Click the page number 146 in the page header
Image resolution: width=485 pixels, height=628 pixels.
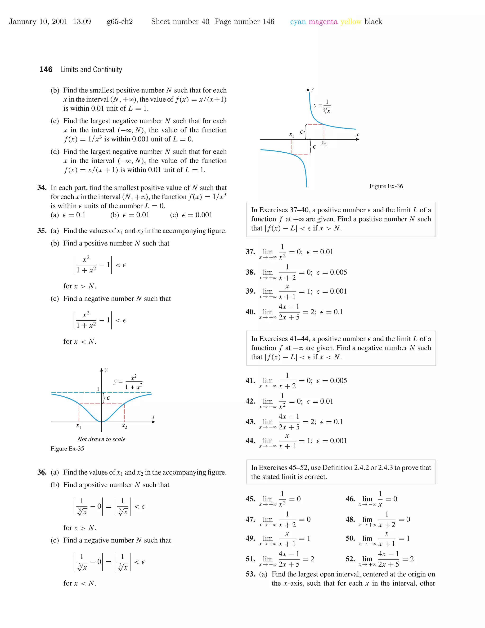pos(46,70)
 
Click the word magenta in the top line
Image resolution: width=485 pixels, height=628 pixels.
pos(323,22)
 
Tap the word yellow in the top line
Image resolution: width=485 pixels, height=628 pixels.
pos(351,22)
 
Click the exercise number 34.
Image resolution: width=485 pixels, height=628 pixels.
pos(42,188)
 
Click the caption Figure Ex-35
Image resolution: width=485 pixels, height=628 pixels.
pos(67,449)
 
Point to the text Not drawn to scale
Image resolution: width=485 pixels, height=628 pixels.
pos(101,439)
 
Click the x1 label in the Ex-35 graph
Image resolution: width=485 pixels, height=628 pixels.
pos(78,426)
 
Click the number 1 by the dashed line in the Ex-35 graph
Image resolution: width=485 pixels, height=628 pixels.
pos(98,389)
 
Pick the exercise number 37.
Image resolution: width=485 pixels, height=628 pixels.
pos(250,252)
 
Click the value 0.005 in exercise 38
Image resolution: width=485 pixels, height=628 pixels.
pos(338,272)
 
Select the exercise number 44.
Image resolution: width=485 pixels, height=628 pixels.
pos(250,441)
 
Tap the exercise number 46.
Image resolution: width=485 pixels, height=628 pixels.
pos(350,499)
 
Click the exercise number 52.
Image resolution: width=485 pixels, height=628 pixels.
pos(350,559)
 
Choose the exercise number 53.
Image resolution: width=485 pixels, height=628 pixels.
pos(250,574)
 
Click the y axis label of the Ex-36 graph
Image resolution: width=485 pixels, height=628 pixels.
pos(312,89)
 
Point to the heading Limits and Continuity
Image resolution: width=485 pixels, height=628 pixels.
pos(91,70)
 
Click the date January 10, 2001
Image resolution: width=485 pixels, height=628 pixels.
pos(38,22)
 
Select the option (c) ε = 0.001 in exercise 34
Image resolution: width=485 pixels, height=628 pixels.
pos(191,215)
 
